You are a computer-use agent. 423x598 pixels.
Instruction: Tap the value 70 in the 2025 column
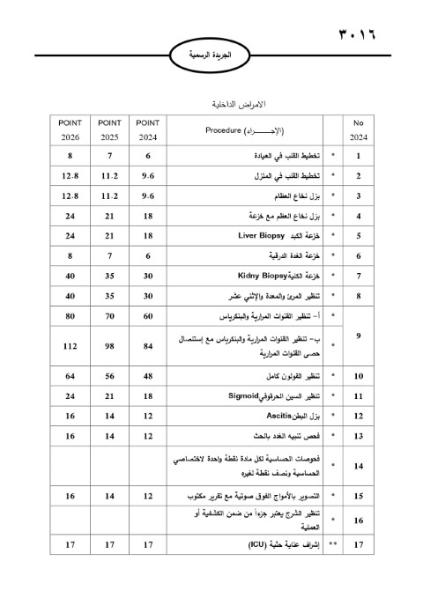[110, 315]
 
